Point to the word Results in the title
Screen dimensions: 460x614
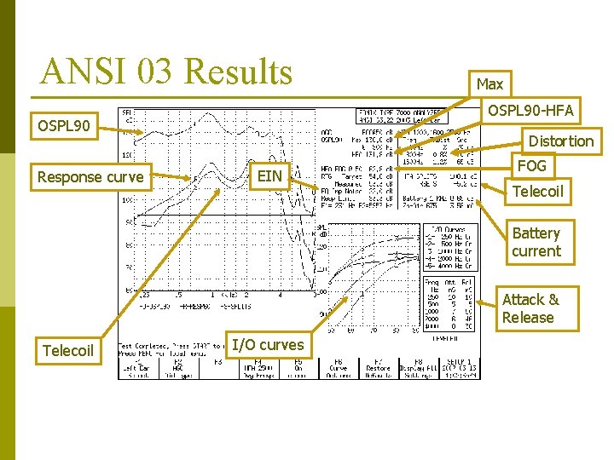coord(239,72)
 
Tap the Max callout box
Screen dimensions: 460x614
coord(489,83)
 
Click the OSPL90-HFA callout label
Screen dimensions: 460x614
coord(530,110)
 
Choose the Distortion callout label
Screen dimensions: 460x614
coord(560,141)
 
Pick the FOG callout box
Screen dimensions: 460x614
coord(531,165)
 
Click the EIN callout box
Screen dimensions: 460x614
coord(269,175)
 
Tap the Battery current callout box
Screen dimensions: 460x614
coord(536,242)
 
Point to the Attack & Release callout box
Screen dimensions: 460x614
coord(529,308)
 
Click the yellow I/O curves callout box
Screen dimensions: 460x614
coord(269,344)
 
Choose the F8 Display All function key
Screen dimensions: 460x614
coord(421,368)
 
